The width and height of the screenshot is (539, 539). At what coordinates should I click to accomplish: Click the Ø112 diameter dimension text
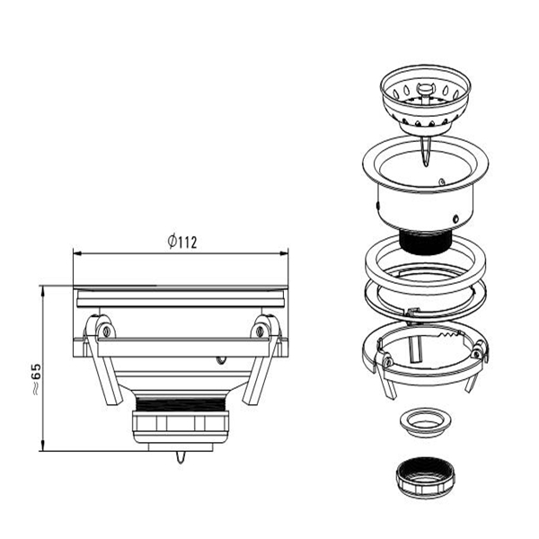click(x=182, y=242)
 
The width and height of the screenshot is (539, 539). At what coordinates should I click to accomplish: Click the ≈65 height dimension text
click(x=36, y=379)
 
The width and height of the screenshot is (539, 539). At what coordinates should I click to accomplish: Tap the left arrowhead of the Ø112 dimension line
click(x=77, y=253)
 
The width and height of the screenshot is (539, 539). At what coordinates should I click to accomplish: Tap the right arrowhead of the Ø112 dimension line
click(x=284, y=253)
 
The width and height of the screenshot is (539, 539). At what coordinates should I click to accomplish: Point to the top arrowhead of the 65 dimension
click(x=42, y=289)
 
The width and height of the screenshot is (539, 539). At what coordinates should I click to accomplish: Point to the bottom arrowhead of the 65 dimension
click(x=42, y=446)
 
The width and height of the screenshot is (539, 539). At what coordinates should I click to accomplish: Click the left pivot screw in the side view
click(x=107, y=331)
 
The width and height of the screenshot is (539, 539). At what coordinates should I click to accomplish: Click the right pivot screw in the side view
click(x=261, y=331)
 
